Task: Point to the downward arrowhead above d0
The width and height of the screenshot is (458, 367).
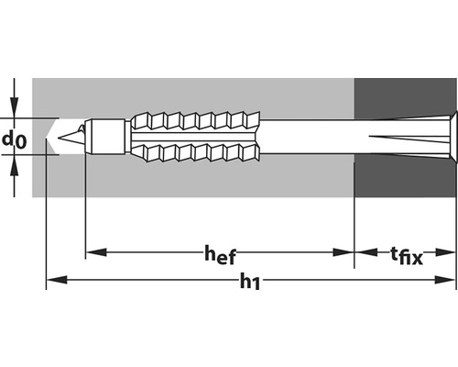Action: coord(15,110)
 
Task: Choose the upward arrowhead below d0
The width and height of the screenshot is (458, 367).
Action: coord(15,162)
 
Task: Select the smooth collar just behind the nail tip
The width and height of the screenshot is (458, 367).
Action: coord(109,137)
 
